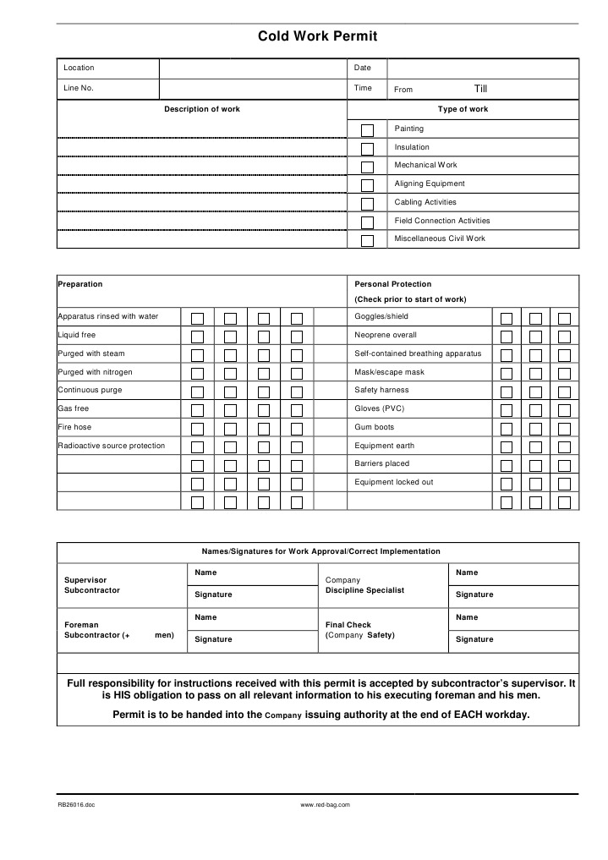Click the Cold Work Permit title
point(317,36)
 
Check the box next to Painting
point(367,130)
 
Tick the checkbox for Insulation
point(367,149)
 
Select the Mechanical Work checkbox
point(367,167)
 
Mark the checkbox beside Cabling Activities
point(367,204)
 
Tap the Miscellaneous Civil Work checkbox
point(367,240)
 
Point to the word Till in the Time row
point(480,89)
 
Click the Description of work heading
point(202,109)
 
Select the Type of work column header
point(463,109)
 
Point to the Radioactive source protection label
point(112,446)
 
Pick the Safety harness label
point(381,390)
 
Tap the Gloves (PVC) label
point(380,408)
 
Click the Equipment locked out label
point(393,482)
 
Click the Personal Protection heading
point(392,284)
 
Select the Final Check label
point(348,625)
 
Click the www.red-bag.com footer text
point(326,805)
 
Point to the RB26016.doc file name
point(76,805)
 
